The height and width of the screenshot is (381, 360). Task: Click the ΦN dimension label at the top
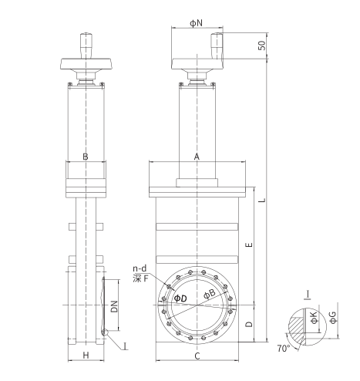coord(196,23)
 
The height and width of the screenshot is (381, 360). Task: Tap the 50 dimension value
coord(261,46)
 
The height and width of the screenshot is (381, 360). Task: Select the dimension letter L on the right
coord(262,200)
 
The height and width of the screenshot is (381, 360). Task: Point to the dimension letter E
coord(249,244)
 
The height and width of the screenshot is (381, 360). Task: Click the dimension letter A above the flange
coord(197,157)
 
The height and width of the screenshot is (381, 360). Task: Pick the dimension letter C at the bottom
coord(197,356)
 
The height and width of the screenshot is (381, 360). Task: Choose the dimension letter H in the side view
coord(86,356)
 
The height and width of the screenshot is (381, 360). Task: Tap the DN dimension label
coord(114,306)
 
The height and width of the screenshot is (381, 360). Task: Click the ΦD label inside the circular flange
coord(180,298)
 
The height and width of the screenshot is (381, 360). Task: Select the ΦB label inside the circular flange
coord(210,294)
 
